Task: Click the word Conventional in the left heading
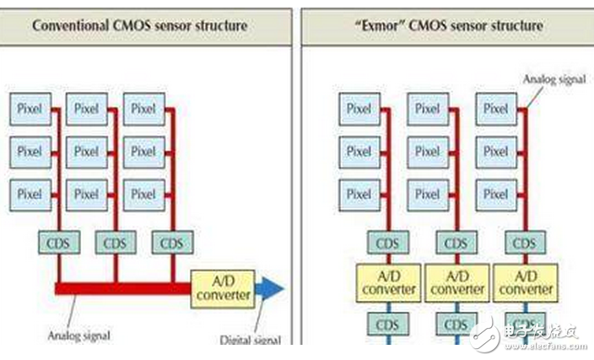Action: (x=71, y=26)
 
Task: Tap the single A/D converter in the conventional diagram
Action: (x=223, y=289)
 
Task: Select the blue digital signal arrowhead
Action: (x=270, y=289)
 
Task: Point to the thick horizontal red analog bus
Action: (x=122, y=289)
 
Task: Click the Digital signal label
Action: (x=251, y=340)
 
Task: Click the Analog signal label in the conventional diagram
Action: (x=78, y=336)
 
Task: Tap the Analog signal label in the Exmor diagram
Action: (x=554, y=79)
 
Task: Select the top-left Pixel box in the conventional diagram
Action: (x=30, y=109)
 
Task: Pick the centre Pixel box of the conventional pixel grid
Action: (x=87, y=152)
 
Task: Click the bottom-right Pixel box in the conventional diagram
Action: (x=144, y=195)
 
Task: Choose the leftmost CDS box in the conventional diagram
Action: (x=59, y=242)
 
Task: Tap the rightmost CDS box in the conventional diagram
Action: (x=173, y=242)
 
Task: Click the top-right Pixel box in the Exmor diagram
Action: (x=496, y=109)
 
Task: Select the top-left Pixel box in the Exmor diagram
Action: (x=359, y=109)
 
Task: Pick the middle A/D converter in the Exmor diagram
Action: (x=456, y=282)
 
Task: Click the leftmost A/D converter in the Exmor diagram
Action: (x=388, y=282)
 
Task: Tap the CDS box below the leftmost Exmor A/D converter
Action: (x=388, y=324)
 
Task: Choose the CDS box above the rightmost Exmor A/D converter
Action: (x=526, y=242)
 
